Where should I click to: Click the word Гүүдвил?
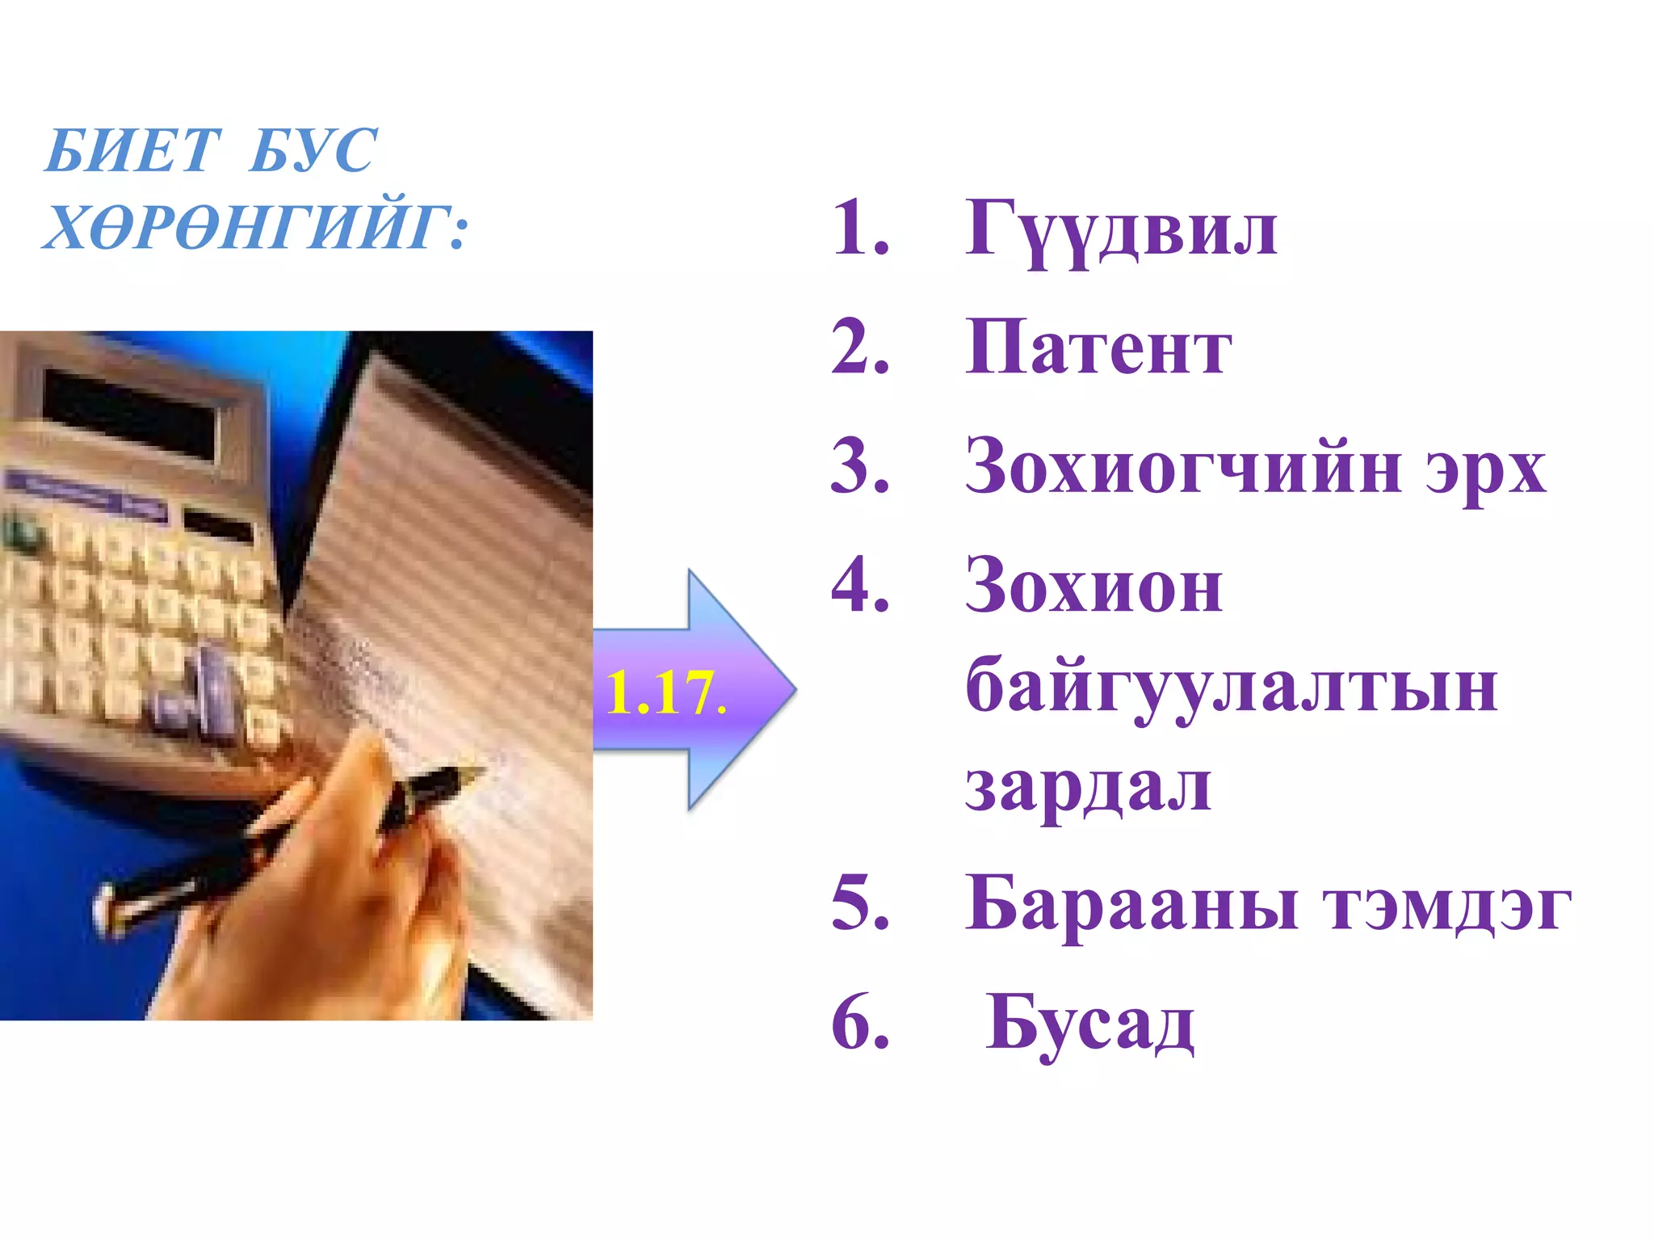tap(1121, 229)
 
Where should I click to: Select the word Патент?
tap(1098, 348)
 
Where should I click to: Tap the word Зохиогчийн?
tap(1184, 467)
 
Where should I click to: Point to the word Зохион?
tap(1094, 587)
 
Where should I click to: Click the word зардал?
tap(1088, 788)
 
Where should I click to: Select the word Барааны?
tap(1132, 905)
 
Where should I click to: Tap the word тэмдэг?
tap(1446, 907)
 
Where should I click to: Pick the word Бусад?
tap(1089, 1024)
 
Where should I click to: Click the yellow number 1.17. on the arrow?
tap(665, 693)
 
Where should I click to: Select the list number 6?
tap(859, 1023)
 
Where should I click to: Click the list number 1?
tap(859, 229)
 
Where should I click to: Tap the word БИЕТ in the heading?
tap(132, 151)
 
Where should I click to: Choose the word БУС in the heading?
tap(312, 151)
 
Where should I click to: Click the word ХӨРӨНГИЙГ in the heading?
tap(247, 227)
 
